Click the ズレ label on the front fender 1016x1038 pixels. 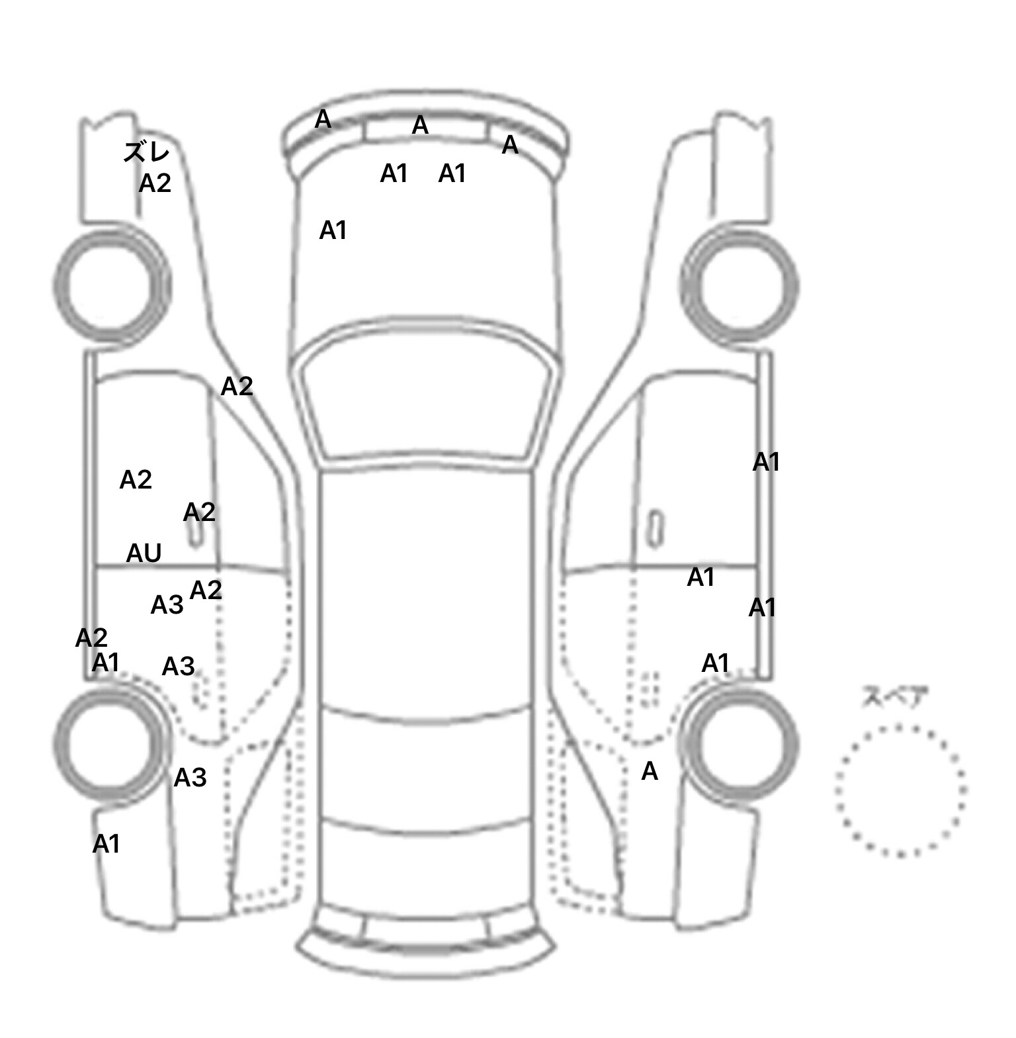[x=147, y=152]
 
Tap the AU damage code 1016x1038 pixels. [x=144, y=553]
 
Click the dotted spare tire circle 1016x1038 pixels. [x=900, y=790]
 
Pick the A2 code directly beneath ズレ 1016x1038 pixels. [x=155, y=183]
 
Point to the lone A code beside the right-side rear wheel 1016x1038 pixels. [x=650, y=771]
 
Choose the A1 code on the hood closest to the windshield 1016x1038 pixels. [x=333, y=230]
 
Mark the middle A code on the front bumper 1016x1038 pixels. [x=420, y=125]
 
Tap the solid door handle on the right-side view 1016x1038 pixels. [x=656, y=529]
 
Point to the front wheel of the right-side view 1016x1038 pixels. [x=740, y=286]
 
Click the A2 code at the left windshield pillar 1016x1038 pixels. [x=237, y=387]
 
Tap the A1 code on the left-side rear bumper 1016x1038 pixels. [x=106, y=845]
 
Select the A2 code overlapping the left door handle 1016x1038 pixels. [x=199, y=512]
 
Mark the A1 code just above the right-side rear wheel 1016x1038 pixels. [x=715, y=663]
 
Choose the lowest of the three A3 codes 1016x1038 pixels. [x=190, y=778]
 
